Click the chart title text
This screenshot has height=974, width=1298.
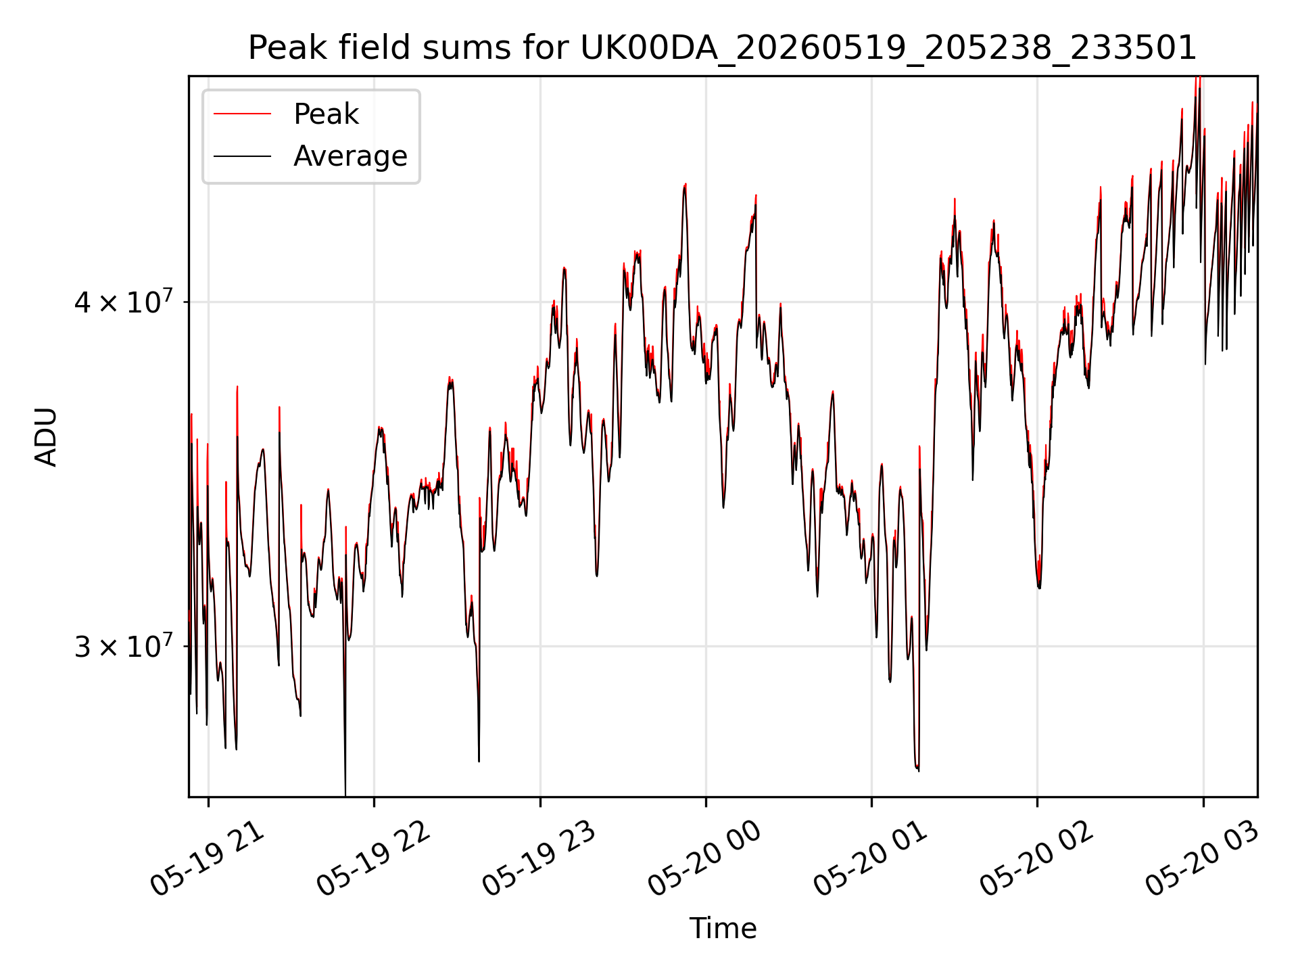coord(723,48)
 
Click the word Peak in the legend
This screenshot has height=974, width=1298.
coord(326,114)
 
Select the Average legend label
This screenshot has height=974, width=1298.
coord(350,156)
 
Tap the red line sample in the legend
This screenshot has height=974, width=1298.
coord(242,114)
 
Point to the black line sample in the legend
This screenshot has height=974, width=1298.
coord(242,156)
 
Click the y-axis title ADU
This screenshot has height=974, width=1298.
coord(46,437)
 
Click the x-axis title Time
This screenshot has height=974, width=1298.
coord(723,928)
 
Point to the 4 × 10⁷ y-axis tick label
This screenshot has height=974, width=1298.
coord(123,302)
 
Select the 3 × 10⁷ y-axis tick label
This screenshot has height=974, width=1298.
coord(123,646)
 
